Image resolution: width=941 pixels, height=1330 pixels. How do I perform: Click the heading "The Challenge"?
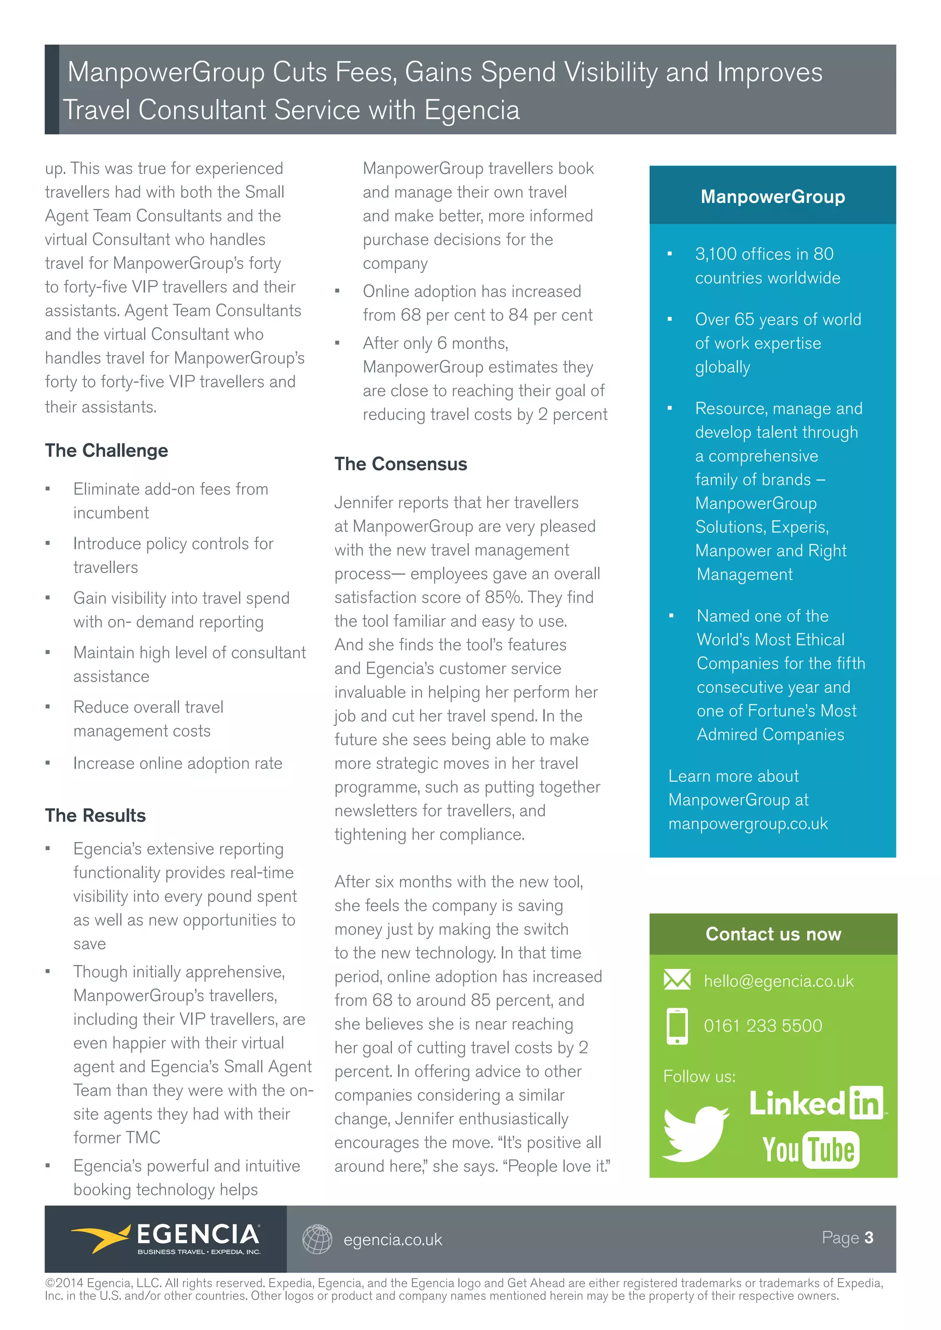click(x=107, y=450)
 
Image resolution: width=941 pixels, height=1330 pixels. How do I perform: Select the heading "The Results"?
click(x=96, y=815)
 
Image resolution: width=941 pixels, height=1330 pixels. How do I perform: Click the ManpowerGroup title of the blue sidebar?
click(x=772, y=197)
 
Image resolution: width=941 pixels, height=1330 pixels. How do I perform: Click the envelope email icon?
click(x=677, y=980)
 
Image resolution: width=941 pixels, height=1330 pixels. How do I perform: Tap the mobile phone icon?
click(x=677, y=1026)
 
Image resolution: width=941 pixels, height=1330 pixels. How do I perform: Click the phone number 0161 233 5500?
click(x=763, y=1026)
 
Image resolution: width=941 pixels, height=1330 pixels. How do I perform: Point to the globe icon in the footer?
click(x=317, y=1239)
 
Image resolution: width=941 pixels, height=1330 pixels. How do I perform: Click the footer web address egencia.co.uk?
click(x=392, y=1240)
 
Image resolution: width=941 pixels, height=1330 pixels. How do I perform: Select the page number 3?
click(x=868, y=1237)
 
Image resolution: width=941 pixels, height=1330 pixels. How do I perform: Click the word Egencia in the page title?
click(x=472, y=109)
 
